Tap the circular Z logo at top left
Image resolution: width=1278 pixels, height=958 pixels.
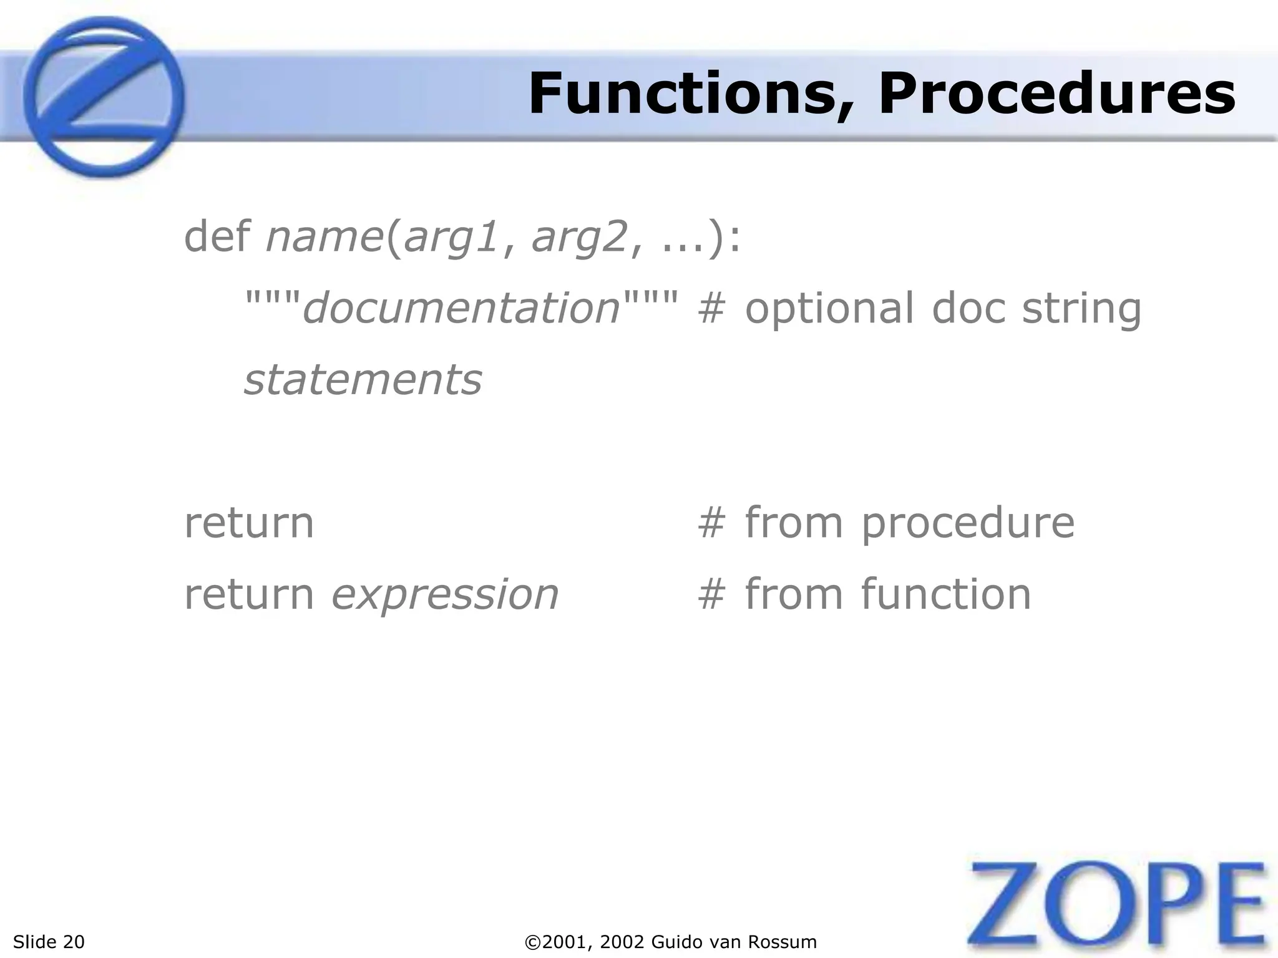[104, 97]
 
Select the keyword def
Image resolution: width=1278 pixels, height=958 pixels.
[217, 237]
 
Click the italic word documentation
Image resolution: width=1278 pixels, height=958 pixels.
[461, 308]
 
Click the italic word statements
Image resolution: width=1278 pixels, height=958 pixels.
[363, 380]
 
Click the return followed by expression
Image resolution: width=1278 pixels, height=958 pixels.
[248, 594]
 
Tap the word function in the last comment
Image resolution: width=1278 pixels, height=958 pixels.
[946, 594]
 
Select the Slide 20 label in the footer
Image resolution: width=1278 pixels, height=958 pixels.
[49, 942]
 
